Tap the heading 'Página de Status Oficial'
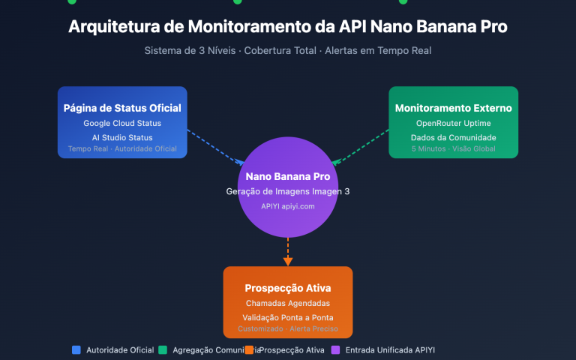tap(122, 108)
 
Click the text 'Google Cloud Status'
tap(122, 123)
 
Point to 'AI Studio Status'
tap(122, 137)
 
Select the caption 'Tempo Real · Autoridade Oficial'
tap(122, 148)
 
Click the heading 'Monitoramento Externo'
tap(453, 108)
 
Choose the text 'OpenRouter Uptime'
tap(453, 123)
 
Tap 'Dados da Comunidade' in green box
tap(453, 137)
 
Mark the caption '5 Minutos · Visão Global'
tap(453, 148)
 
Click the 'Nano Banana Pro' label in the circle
tap(288, 177)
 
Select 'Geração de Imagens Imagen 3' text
tap(288, 191)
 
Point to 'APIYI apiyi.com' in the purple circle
tap(288, 205)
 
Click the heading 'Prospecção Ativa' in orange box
tap(288, 288)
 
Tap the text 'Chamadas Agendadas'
tap(288, 303)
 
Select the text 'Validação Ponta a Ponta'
tap(288, 317)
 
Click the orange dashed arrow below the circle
tap(288, 250)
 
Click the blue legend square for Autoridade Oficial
tap(76, 349)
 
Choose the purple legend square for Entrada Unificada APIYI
tap(335, 349)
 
